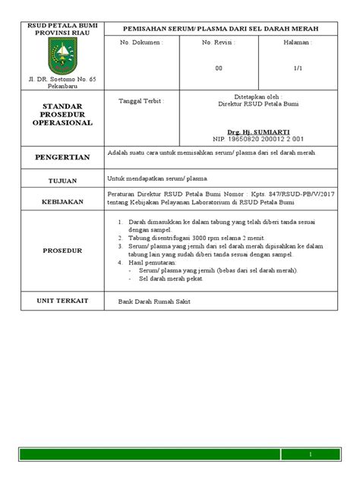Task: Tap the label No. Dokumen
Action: click(141, 43)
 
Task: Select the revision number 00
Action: click(219, 68)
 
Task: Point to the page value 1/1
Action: click(298, 68)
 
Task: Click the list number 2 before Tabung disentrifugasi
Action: click(121, 238)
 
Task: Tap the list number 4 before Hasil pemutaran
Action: click(121, 262)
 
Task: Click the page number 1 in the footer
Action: click(310, 454)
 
